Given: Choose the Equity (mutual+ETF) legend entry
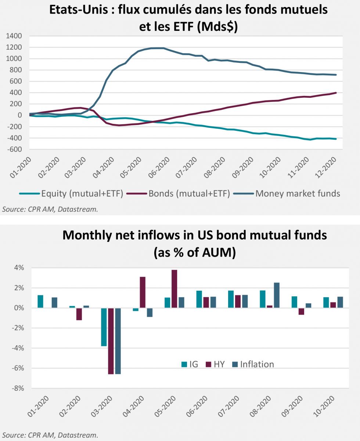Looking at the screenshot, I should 82,193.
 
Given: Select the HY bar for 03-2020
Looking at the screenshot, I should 111,341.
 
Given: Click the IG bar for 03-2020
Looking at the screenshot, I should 104,327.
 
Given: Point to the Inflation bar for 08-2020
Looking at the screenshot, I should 277,295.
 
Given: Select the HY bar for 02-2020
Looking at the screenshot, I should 79,314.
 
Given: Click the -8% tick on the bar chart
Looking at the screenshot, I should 19,388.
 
